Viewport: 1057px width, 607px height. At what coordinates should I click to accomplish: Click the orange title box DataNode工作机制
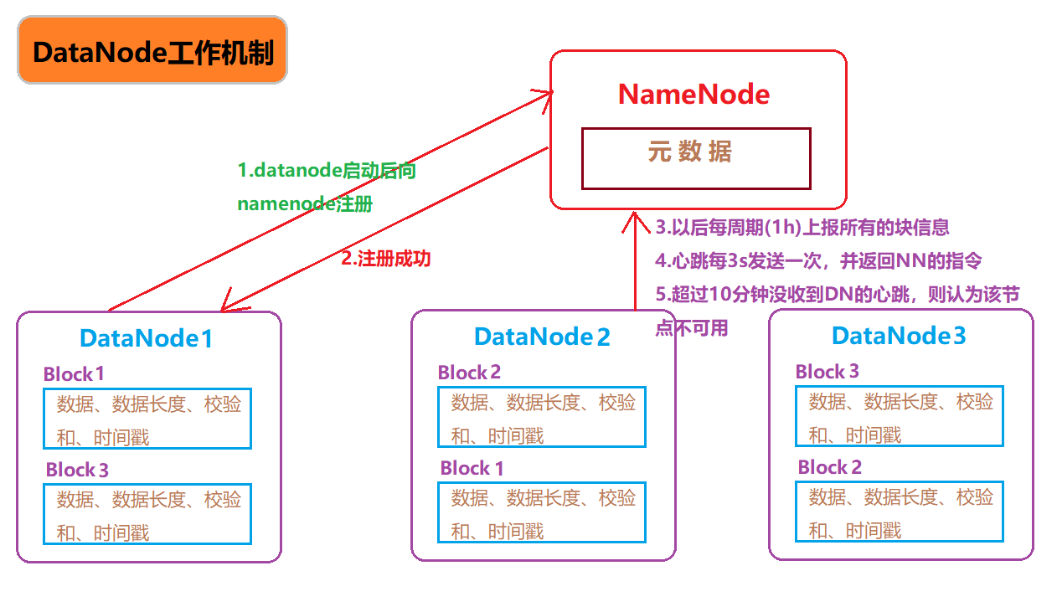point(152,52)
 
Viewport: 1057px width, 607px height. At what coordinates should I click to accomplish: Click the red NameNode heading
point(693,94)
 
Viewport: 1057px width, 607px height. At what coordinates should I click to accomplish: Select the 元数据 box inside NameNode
point(696,157)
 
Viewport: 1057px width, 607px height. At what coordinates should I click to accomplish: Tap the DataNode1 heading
point(146,338)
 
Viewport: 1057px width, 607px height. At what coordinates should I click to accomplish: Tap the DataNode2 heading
point(542,337)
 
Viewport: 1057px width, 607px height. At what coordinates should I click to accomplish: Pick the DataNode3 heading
point(899,336)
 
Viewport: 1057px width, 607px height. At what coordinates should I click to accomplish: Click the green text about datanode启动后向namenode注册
point(327,187)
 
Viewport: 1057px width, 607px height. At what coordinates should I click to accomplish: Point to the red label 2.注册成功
point(385,259)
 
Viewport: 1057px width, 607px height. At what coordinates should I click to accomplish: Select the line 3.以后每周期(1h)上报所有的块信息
point(802,228)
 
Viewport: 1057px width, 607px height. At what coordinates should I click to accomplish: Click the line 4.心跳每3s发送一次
point(817,260)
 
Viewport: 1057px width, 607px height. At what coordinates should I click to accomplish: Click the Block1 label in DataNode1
point(74,373)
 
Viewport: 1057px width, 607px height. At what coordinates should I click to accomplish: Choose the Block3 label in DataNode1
point(77,470)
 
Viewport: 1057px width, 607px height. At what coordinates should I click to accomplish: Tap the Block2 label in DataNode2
point(469,373)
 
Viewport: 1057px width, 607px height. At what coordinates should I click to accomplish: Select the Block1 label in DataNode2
point(472,468)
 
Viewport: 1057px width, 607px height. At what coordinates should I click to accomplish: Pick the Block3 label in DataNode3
point(827,372)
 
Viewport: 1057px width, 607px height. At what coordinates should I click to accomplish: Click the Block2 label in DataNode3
point(829,467)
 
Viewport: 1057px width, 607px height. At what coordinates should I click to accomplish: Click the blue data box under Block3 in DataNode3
point(898,416)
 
